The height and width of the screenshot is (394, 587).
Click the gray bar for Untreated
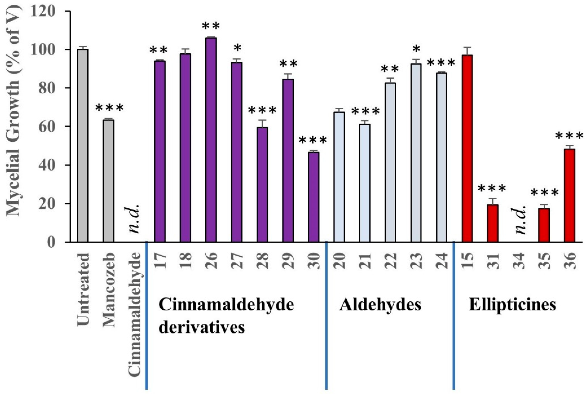83,146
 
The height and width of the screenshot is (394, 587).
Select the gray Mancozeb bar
108,181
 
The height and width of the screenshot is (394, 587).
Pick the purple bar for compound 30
313,197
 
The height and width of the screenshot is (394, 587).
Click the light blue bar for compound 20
339,177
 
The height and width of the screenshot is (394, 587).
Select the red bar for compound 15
467,148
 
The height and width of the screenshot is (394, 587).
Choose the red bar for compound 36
569,195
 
